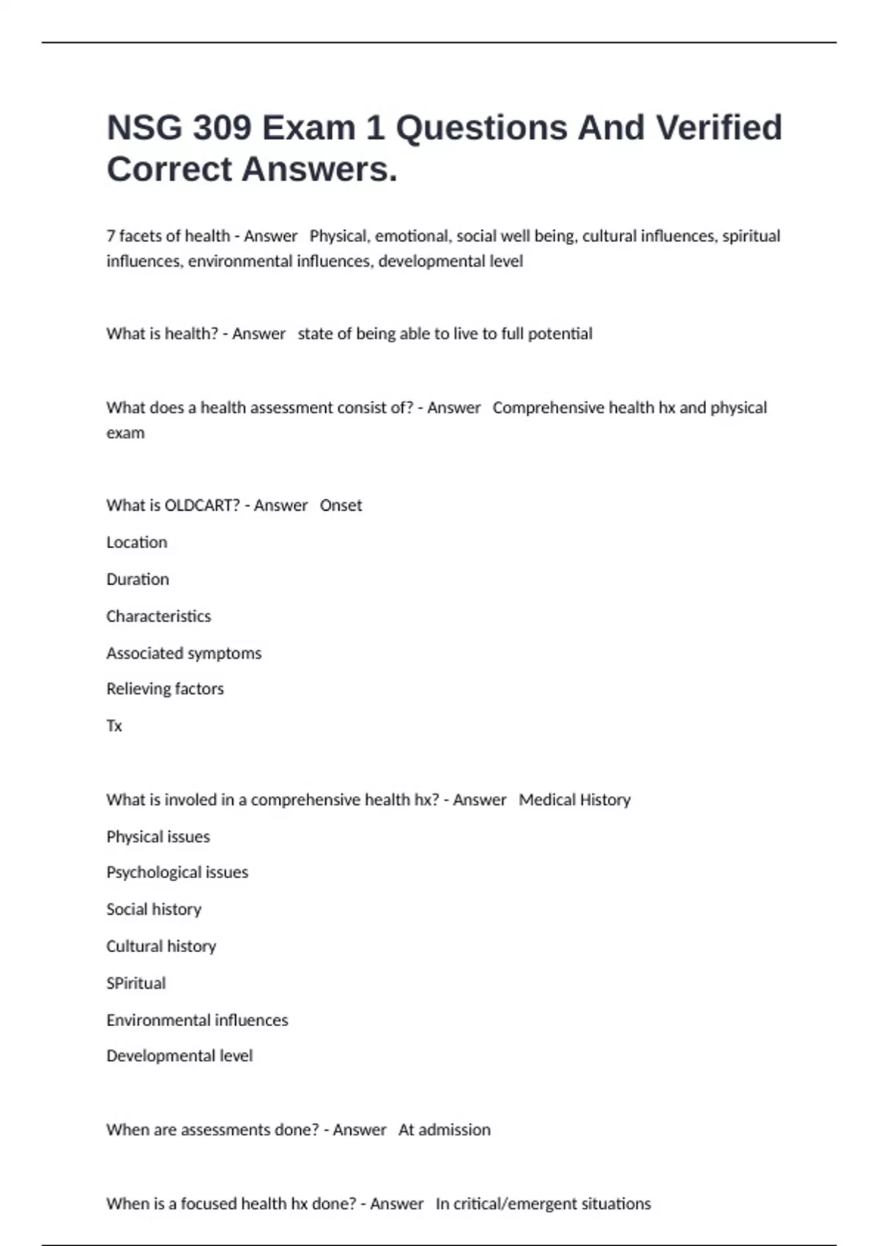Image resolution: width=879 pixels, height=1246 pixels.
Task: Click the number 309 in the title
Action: (x=221, y=128)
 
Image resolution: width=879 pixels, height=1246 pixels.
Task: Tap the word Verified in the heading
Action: (x=719, y=128)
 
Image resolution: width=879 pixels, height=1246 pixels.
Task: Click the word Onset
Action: (x=341, y=505)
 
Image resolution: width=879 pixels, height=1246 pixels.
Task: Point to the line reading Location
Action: (x=137, y=542)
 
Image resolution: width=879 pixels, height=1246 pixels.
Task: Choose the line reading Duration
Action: (x=138, y=579)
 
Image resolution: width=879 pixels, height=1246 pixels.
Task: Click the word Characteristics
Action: (x=158, y=616)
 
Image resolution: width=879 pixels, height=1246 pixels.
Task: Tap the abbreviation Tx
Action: (x=114, y=726)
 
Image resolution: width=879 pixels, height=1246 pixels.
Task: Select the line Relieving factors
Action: (x=165, y=689)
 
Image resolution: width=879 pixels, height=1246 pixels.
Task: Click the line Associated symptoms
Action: (x=184, y=653)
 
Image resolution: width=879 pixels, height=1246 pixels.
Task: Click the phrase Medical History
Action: (x=574, y=800)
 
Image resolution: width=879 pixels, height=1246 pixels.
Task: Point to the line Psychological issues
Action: (x=177, y=872)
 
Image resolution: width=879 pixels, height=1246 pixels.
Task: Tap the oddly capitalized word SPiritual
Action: (x=136, y=983)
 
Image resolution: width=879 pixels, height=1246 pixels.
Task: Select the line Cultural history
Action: (x=161, y=946)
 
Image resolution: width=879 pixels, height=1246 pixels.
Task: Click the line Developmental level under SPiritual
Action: (x=179, y=1056)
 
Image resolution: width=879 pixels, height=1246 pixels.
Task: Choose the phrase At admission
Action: (x=445, y=1130)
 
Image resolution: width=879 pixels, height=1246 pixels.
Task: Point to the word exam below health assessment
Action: (x=125, y=433)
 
